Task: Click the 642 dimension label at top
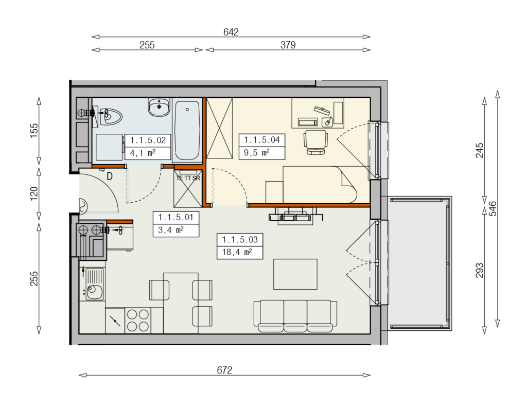231,32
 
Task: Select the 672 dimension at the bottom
224,370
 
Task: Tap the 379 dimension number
288,45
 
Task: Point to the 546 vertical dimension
493,209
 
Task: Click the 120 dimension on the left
34,194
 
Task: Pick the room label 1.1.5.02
148,140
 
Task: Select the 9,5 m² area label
257,153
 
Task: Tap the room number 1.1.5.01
176,217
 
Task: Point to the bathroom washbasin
159,107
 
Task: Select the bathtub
187,130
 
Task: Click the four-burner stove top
138,320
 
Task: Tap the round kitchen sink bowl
94,292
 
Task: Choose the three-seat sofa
295,316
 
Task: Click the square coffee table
295,274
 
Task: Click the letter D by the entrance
110,176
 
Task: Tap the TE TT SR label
188,178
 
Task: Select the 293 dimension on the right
480,270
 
